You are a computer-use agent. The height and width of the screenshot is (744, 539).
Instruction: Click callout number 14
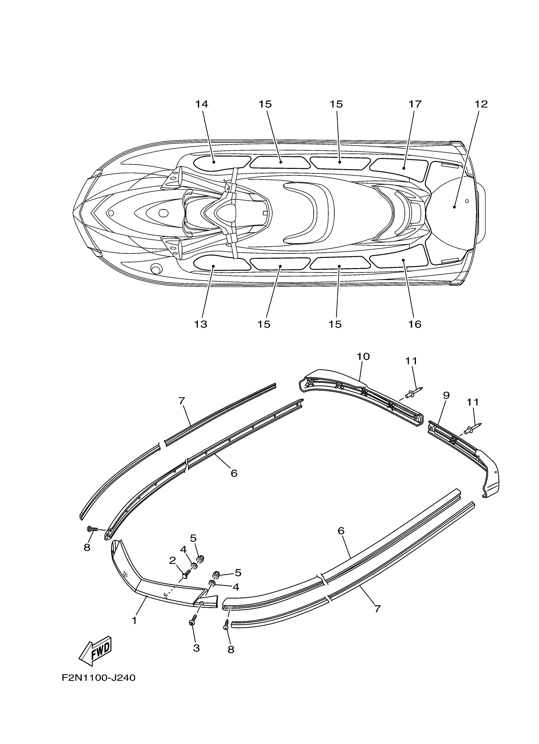pyautogui.click(x=202, y=104)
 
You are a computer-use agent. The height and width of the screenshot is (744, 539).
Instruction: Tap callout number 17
pyautogui.click(x=415, y=104)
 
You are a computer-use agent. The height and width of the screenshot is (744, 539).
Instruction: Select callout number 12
pyautogui.click(x=481, y=104)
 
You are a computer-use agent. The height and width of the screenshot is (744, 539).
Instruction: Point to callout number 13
pyautogui.click(x=201, y=324)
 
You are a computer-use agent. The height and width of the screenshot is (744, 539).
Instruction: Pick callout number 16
pyautogui.click(x=415, y=324)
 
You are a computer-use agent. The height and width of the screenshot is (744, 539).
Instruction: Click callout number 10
pyautogui.click(x=363, y=357)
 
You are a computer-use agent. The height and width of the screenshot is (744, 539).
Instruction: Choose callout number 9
pyautogui.click(x=446, y=396)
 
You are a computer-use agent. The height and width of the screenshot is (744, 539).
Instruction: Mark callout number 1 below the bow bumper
pyautogui.click(x=134, y=620)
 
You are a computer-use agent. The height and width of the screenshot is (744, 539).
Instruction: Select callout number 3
pyautogui.click(x=196, y=648)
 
